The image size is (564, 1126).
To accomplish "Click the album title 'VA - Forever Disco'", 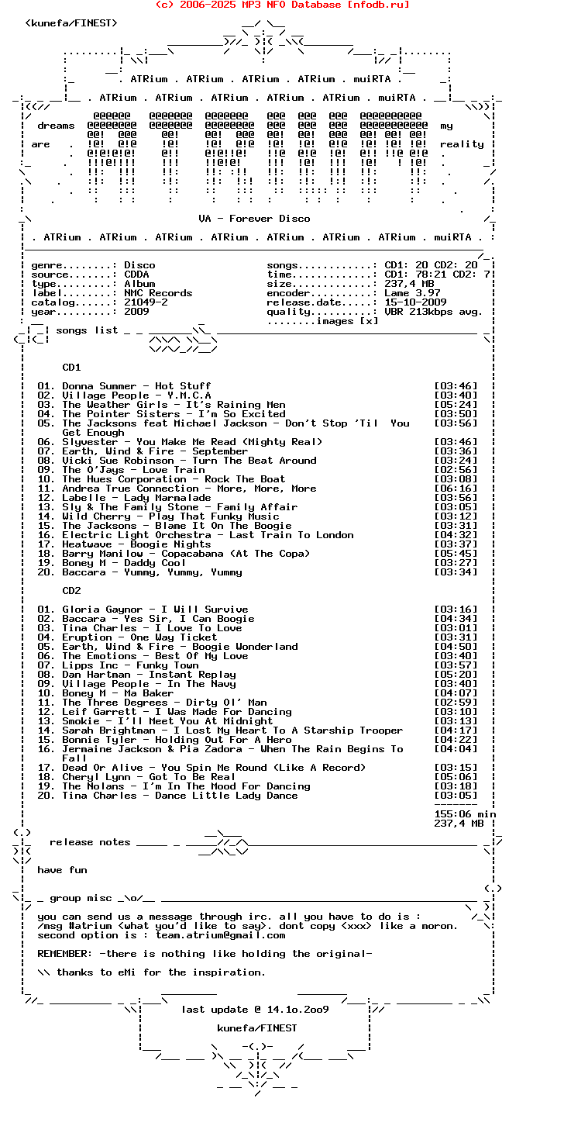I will coord(254,219).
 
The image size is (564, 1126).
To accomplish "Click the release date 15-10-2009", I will coord(415,302).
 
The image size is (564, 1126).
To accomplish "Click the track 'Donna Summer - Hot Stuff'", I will coord(136,386).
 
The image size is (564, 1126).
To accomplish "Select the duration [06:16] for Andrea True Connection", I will coord(456,489).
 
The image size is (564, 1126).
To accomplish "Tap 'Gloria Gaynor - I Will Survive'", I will coord(155,610).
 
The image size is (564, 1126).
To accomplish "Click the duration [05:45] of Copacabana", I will coord(456,554).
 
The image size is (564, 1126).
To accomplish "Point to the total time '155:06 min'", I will coord(465,814).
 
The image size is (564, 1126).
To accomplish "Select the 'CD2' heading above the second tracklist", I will coord(71,591).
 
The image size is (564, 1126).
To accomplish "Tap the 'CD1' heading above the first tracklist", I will coord(71,368).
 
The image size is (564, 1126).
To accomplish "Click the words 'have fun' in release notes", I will coord(62,870).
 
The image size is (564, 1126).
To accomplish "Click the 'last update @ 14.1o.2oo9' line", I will coord(255,1010).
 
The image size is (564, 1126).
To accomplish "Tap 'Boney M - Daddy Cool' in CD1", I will coord(124,563).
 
